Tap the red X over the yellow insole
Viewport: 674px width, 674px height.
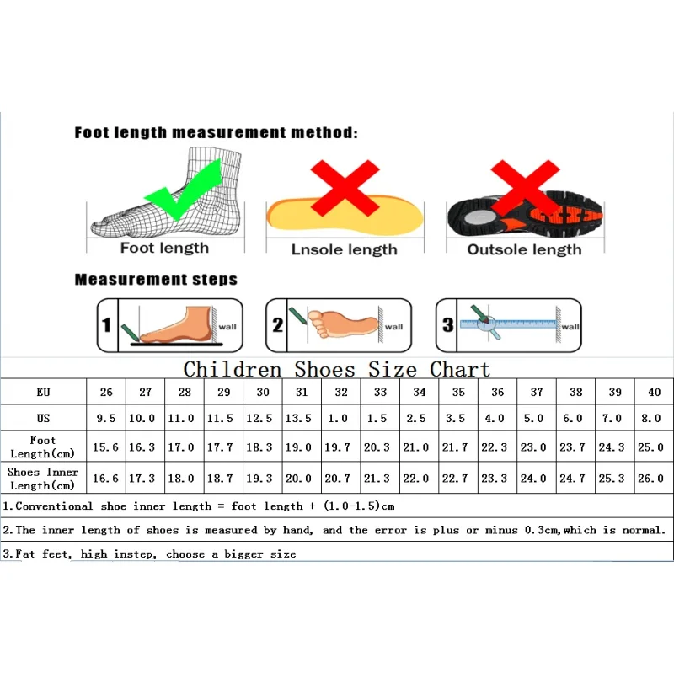(x=345, y=187)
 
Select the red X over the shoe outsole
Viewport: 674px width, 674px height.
(x=525, y=187)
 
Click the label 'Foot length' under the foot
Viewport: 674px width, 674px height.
(x=164, y=248)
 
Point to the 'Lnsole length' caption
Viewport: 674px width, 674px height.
(x=345, y=249)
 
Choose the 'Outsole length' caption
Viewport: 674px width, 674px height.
(x=524, y=249)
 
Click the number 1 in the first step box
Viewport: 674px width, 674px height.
(x=107, y=325)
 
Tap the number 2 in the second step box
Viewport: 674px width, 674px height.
(x=278, y=325)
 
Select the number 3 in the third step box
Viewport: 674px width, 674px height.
(x=448, y=325)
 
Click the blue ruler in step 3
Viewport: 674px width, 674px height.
(x=508, y=324)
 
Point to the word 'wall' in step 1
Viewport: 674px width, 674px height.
(x=227, y=327)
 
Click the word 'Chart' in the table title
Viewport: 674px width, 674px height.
(x=459, y=370)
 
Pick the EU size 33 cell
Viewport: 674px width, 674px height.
(x=381, y=392)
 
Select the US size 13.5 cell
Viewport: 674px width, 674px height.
(x=298, y=418)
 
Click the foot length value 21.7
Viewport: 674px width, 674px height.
(x=455, y=447)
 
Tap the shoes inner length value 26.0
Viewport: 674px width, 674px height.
(x=650, y=478)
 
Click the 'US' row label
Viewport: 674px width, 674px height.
(x=43, y=418)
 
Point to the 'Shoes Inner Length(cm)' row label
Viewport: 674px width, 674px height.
(x=43, y=479)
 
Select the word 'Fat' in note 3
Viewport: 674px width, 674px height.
(x=25, y=554)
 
